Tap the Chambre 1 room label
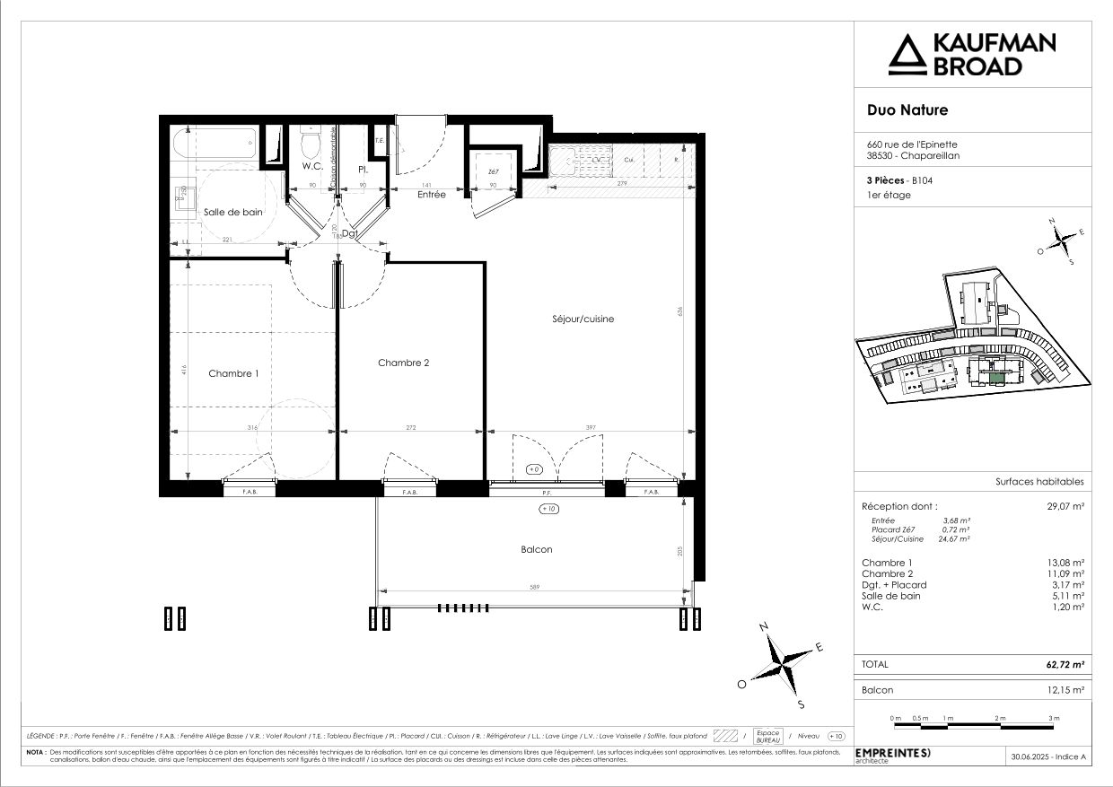coord(233,373)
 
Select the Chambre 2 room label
coord(403,363)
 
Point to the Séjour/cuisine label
coord(583,319)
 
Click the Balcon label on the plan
coord(537,549)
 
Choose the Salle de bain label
coord(232,212)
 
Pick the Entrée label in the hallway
coord(432,194)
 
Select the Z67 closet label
coord(493,171)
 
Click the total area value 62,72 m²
coord(1065,665)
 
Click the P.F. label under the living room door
coord(545,493)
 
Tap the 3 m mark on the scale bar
coord(1054,719)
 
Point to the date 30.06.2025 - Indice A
coord(1048,757)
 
